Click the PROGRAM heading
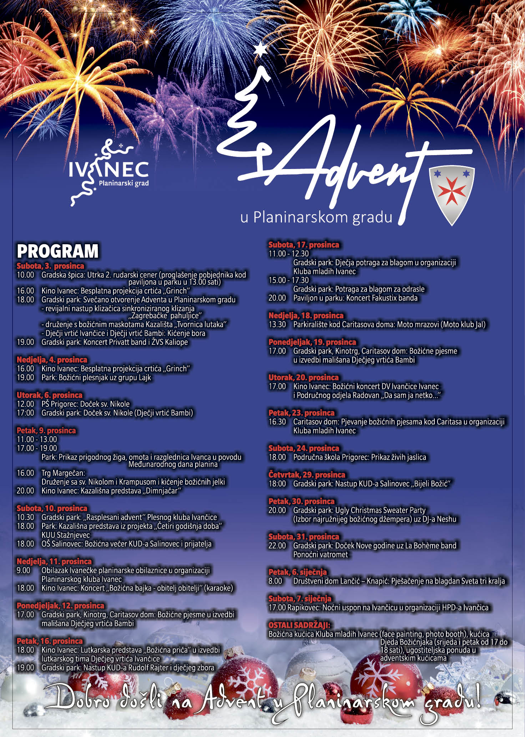pyautogui.click(x=57, y=251)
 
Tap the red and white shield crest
pyautogui.click(x=452, y=193)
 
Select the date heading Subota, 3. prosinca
pyautogui.click(x=50, y=266)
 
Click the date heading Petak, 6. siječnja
pyautogui.click(x=297, y=572)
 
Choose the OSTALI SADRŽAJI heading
pyautogui.click(x=299, y=625)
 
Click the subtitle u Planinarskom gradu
pyautogui.click(x=316, y=217)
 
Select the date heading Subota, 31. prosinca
pyautogui.click(x=303, y=537)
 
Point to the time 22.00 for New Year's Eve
pyautogui.click(x=277, y=546)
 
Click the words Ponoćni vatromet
pyautogui.click(x=320, y=554)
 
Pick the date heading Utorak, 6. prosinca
pyautogui.click(x=49, y=395)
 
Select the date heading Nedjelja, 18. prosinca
pyautogui.click(x=306, y=316)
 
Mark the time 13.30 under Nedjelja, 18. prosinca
pyautogui.click(x=277, y=324)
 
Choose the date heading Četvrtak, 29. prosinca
pyautogui.click(x=307, y=475)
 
